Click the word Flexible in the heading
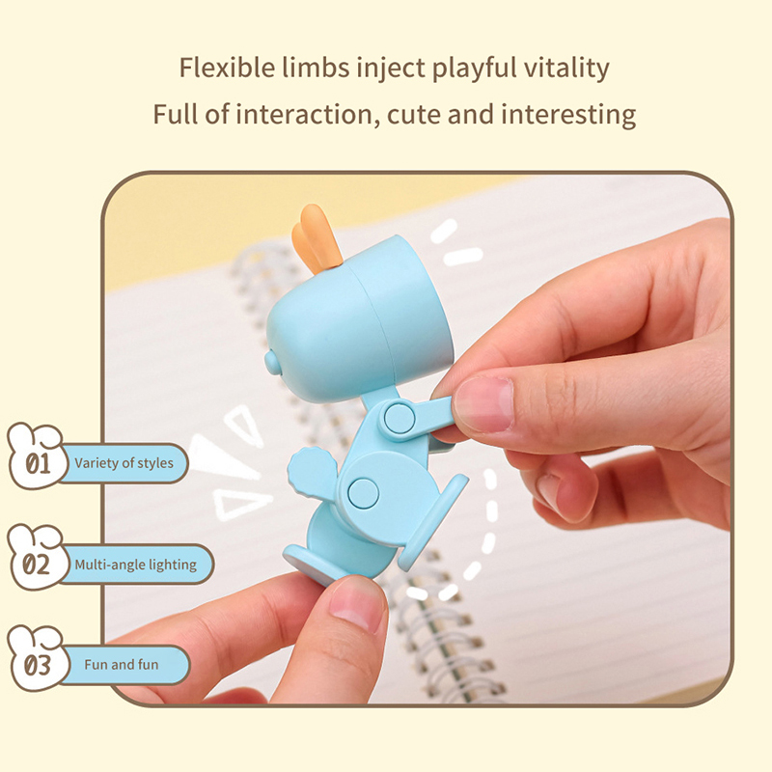pyautogui.click(x=227, y=67)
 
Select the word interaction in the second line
pyautogui.click(x=303, y=114)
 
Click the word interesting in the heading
pyautogui.click(x=568, y=115)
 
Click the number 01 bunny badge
pyautogui.click(x=37, y=455)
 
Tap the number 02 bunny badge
pyautogui.click(x=37, y=557)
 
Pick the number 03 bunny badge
pyautogui.click(x=37, y=658)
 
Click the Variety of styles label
pyautogui.click(x=124, y=463)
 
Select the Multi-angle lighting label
pyautogui.click(x=135, y=565)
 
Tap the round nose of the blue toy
pyautogui.click(x=272, y=362)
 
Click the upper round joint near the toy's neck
pyautogui.click(x=400, y=418)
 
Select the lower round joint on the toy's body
pyautogui.click(x=363, y=493)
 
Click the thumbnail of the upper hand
pyautogui.click(x=482, y=403)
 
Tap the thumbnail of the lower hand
pyautogui.click(x=355, y=605)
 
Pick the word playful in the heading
pyautogui.click(x=474, y=68)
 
